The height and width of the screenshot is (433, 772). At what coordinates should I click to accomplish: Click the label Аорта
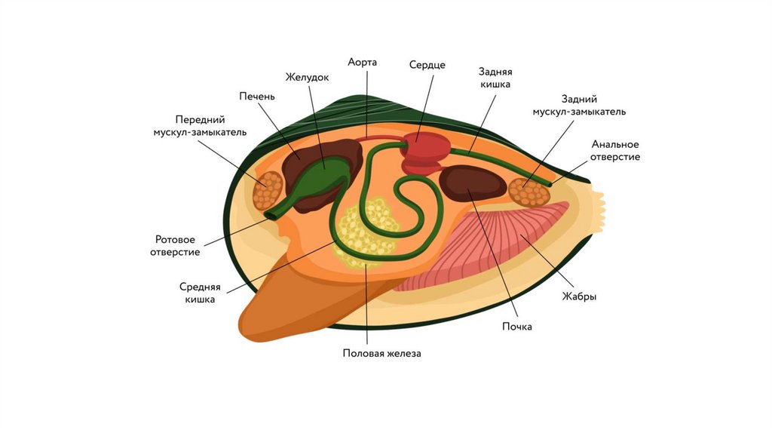point(362,61)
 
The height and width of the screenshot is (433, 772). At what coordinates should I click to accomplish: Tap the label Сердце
point(427,65)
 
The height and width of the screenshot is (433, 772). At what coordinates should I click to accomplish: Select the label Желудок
point(308,77)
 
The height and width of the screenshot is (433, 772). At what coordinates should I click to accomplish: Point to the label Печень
point(257,96)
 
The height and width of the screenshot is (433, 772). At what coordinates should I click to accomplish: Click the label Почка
point(517,327)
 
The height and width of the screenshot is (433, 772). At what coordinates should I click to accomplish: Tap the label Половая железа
point(381,353)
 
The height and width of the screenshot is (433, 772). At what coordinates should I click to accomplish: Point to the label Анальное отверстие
point(615,150)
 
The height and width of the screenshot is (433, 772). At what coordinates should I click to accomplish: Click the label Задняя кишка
point(495,78)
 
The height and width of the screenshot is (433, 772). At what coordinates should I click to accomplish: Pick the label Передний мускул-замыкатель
point(200,125)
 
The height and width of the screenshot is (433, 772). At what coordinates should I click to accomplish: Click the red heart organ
point(424,150)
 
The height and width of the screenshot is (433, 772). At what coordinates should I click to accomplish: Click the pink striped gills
point(498,241)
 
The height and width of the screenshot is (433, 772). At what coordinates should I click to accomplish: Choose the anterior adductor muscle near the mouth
point(268,190)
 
